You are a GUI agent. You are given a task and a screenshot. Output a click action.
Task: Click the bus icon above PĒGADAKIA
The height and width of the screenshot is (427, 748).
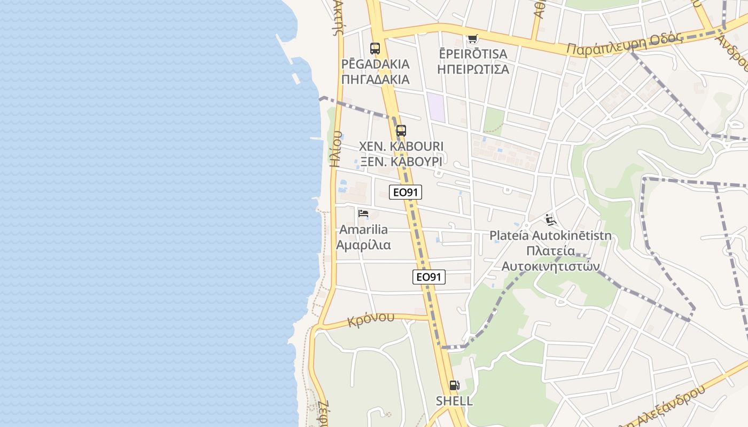click(x=375, y=49)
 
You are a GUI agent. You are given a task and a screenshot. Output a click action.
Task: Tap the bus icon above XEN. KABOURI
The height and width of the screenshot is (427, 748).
click(x=401, y=131)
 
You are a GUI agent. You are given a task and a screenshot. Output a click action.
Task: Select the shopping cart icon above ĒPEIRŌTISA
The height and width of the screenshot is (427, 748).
click(x=472, y=38)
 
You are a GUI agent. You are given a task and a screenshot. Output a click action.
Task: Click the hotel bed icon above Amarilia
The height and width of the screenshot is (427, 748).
click(x=363, y=214)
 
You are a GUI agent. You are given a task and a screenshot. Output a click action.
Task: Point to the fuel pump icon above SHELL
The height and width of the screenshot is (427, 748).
click(x=454, y=385)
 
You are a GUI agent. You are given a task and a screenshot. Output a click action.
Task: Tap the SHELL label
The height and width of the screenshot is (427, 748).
click(x=454, y=401)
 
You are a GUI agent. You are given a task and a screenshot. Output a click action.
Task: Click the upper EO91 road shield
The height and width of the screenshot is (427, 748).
click(x=406, y=192)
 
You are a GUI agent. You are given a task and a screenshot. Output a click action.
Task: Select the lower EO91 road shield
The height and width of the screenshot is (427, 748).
click(x=429, y=277)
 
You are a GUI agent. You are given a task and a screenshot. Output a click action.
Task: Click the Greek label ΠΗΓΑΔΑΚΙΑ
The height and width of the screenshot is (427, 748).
click(x=375, y=80)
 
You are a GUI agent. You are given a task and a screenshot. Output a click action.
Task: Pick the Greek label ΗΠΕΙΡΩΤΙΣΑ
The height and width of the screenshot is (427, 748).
click(x=473, y=69)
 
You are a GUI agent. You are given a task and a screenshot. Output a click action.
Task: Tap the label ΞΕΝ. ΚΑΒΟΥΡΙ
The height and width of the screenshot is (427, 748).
click(x=401, y=161)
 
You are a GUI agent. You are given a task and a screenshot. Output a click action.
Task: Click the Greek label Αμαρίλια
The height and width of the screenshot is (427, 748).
click(x=363, y=245)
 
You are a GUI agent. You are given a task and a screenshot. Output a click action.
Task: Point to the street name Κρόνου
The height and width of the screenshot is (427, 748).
click(x=371, y=320)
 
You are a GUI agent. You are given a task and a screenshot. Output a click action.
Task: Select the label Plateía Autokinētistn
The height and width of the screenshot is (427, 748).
click(x=550, y=236)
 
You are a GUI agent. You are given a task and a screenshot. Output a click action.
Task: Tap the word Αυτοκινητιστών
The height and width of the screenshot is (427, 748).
click(x=550, y=266)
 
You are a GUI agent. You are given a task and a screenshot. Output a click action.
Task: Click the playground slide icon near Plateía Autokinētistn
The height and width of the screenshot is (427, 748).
click(x=550, y=220)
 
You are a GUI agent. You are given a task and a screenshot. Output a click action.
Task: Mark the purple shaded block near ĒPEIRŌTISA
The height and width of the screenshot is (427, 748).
click(x=436, y=106)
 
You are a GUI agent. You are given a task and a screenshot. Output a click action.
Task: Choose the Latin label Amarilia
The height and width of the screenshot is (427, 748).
click(x=363, y=230)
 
